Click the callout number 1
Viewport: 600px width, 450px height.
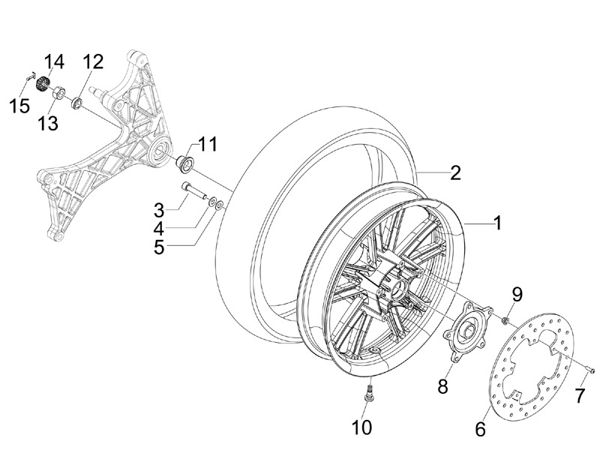point(497,223)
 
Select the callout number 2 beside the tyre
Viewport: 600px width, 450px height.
point(455,172)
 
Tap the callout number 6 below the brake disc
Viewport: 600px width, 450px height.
point(480,429)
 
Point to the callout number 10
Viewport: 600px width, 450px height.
point(361,427)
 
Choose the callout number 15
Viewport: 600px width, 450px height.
point(20,106)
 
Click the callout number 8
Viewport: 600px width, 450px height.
point(442,386)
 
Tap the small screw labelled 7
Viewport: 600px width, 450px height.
point(590,370)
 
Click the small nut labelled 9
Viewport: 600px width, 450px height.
point(505,319)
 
